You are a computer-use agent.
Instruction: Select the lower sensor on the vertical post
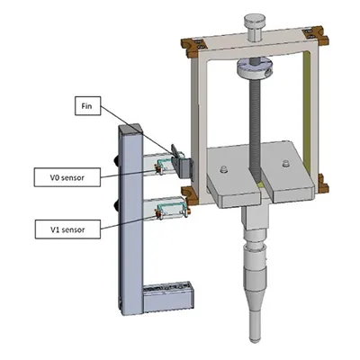(168, 208)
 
